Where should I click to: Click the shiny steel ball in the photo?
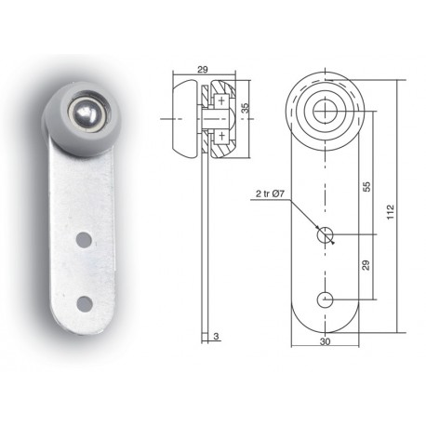[87, 113]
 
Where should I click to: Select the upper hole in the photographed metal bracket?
[84, 240]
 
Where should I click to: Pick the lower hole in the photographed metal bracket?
[85, 304]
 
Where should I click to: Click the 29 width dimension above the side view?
[203, 69]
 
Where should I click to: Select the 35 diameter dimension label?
[245, 108]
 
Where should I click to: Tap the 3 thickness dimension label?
[216, 336]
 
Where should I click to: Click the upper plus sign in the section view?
[221, 100]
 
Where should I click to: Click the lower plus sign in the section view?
[221, 136]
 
